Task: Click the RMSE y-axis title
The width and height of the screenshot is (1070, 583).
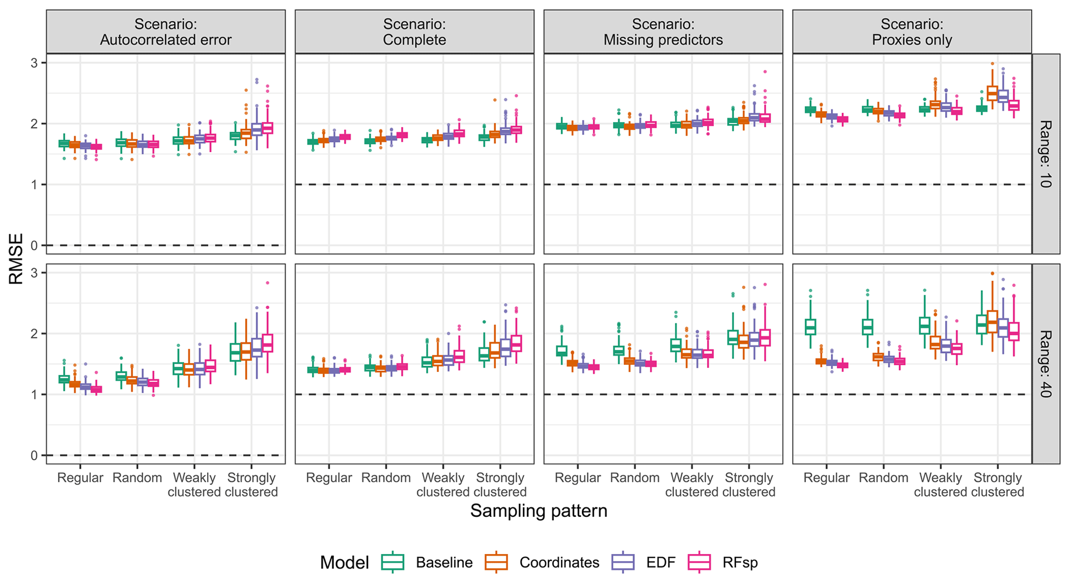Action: pos(16,259)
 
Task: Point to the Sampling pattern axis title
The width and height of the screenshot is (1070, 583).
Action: pos(538,511)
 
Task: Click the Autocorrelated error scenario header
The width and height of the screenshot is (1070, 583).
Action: pos(166,32)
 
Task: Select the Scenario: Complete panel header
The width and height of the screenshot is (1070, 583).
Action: pos(414,32)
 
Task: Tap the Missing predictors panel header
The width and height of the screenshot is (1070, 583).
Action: pos(663,32)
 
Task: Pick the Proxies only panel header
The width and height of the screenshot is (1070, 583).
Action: pos(912,32)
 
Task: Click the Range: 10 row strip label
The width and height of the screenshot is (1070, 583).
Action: pos(1045,154)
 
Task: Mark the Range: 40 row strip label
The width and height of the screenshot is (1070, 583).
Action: pos(1045,364)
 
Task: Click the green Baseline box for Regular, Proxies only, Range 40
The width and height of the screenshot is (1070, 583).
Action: pos(811,327)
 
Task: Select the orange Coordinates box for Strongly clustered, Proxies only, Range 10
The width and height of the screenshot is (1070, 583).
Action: pos(992,93)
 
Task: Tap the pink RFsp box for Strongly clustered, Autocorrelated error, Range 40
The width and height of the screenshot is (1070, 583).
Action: pos(268,343)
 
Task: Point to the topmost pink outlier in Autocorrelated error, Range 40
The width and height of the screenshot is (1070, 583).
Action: pos(268,283)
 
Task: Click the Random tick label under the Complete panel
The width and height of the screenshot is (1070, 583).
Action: pos(386,477)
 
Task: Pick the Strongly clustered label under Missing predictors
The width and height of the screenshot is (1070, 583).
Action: pos(749,484)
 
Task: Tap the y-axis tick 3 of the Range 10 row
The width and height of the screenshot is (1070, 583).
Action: pos(35,63)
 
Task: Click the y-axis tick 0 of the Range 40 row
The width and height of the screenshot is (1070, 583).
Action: pos(35,455)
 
